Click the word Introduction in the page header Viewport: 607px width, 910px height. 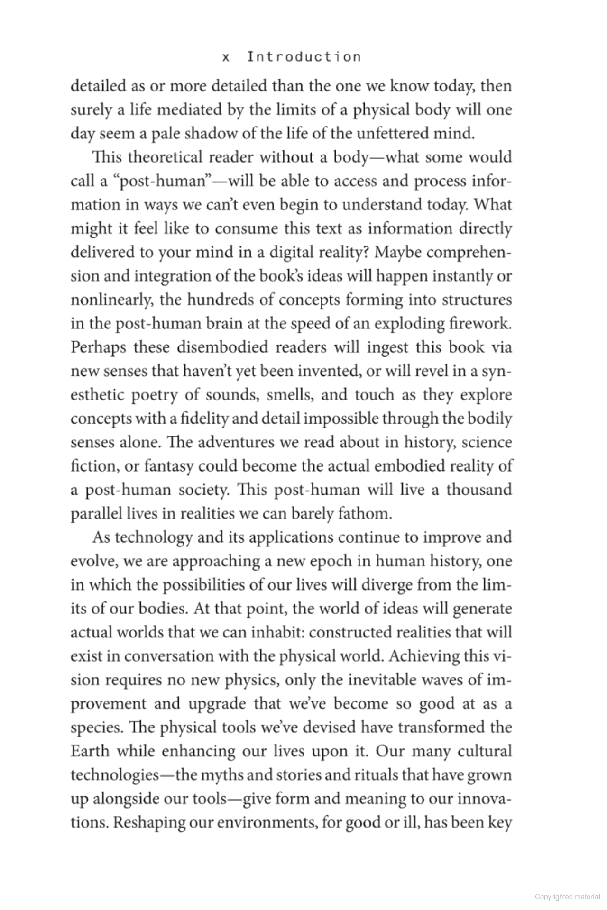coord(304,57)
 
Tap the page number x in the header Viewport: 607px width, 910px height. coord(226,57)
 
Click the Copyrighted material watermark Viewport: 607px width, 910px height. coord(567,896)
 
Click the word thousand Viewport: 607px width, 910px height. coord(478,490)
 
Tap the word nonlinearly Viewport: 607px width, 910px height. coord(111,300)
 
